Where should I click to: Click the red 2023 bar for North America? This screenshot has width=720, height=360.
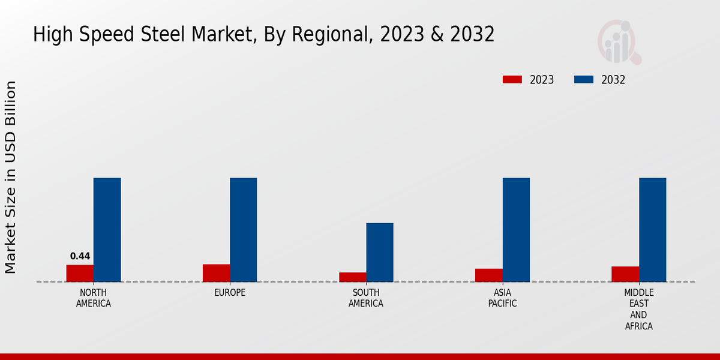coord(80,273)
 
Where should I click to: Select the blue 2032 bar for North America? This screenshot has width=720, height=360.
coord(107,230)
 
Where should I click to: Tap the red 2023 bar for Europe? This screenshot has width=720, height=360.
coord(216,273)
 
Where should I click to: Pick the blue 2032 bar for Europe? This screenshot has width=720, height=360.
coord(244,230)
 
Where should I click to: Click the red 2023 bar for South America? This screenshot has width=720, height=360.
coord(353,277)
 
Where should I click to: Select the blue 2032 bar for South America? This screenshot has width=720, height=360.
coord(380,252)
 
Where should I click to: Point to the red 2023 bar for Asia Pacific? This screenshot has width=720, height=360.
coord(489,275)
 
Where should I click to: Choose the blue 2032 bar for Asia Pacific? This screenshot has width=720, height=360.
coord(516,230)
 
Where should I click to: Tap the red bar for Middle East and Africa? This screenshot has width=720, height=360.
coord(625,274)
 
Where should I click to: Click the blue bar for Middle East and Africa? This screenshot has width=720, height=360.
coord(653,230)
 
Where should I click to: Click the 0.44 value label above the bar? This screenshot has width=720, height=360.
coord(80,256)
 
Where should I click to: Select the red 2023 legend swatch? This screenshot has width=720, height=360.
coord(512,80)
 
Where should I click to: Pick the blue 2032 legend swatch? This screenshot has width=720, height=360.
coord(584,80)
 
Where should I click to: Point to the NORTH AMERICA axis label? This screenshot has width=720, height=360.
coord(94,298)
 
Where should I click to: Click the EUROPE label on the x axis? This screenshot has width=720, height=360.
coord(230,293)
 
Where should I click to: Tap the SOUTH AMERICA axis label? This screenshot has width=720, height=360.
coord(366,298)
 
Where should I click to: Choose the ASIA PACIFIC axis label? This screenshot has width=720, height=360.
coord(502,298)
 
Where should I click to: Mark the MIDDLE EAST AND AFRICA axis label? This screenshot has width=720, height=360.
coord(638,310)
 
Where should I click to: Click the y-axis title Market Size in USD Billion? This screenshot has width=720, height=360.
coord(11,177)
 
